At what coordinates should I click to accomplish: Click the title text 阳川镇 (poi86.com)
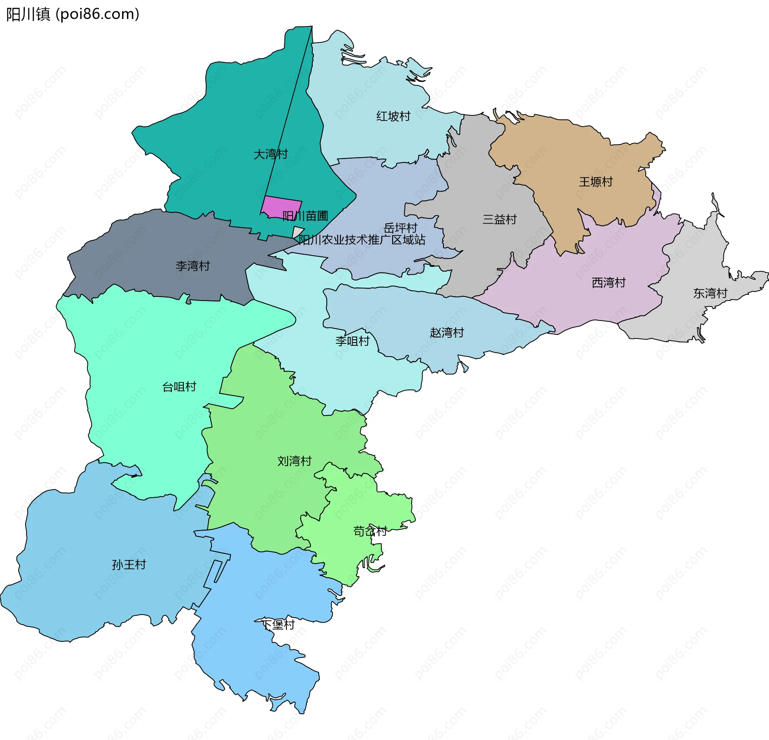pos(72,14)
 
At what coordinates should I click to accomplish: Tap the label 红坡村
pos(393,116)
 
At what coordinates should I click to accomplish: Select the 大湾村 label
pos(270,154)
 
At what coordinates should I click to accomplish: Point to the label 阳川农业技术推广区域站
pos(362,240)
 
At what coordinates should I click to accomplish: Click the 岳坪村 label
pos(400,228)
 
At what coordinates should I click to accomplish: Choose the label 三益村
pos(499,219)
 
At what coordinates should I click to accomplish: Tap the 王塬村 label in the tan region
pos(596,182)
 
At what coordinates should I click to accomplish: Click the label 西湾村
pos(608,282)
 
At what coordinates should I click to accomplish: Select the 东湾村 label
pos(710,293)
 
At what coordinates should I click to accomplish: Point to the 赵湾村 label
pos(447,333)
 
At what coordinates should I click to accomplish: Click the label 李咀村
pos(352,341)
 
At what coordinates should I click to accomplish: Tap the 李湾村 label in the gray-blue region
pos(193,266)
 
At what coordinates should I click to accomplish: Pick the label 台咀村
pos(179,387)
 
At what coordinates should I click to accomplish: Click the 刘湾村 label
pos(294,461)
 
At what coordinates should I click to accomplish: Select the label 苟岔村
pos(370,531)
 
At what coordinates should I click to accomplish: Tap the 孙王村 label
pos(129,565)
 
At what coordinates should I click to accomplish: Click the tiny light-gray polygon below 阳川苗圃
pos(297,232)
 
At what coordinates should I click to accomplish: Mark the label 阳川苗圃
pos(305,216)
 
